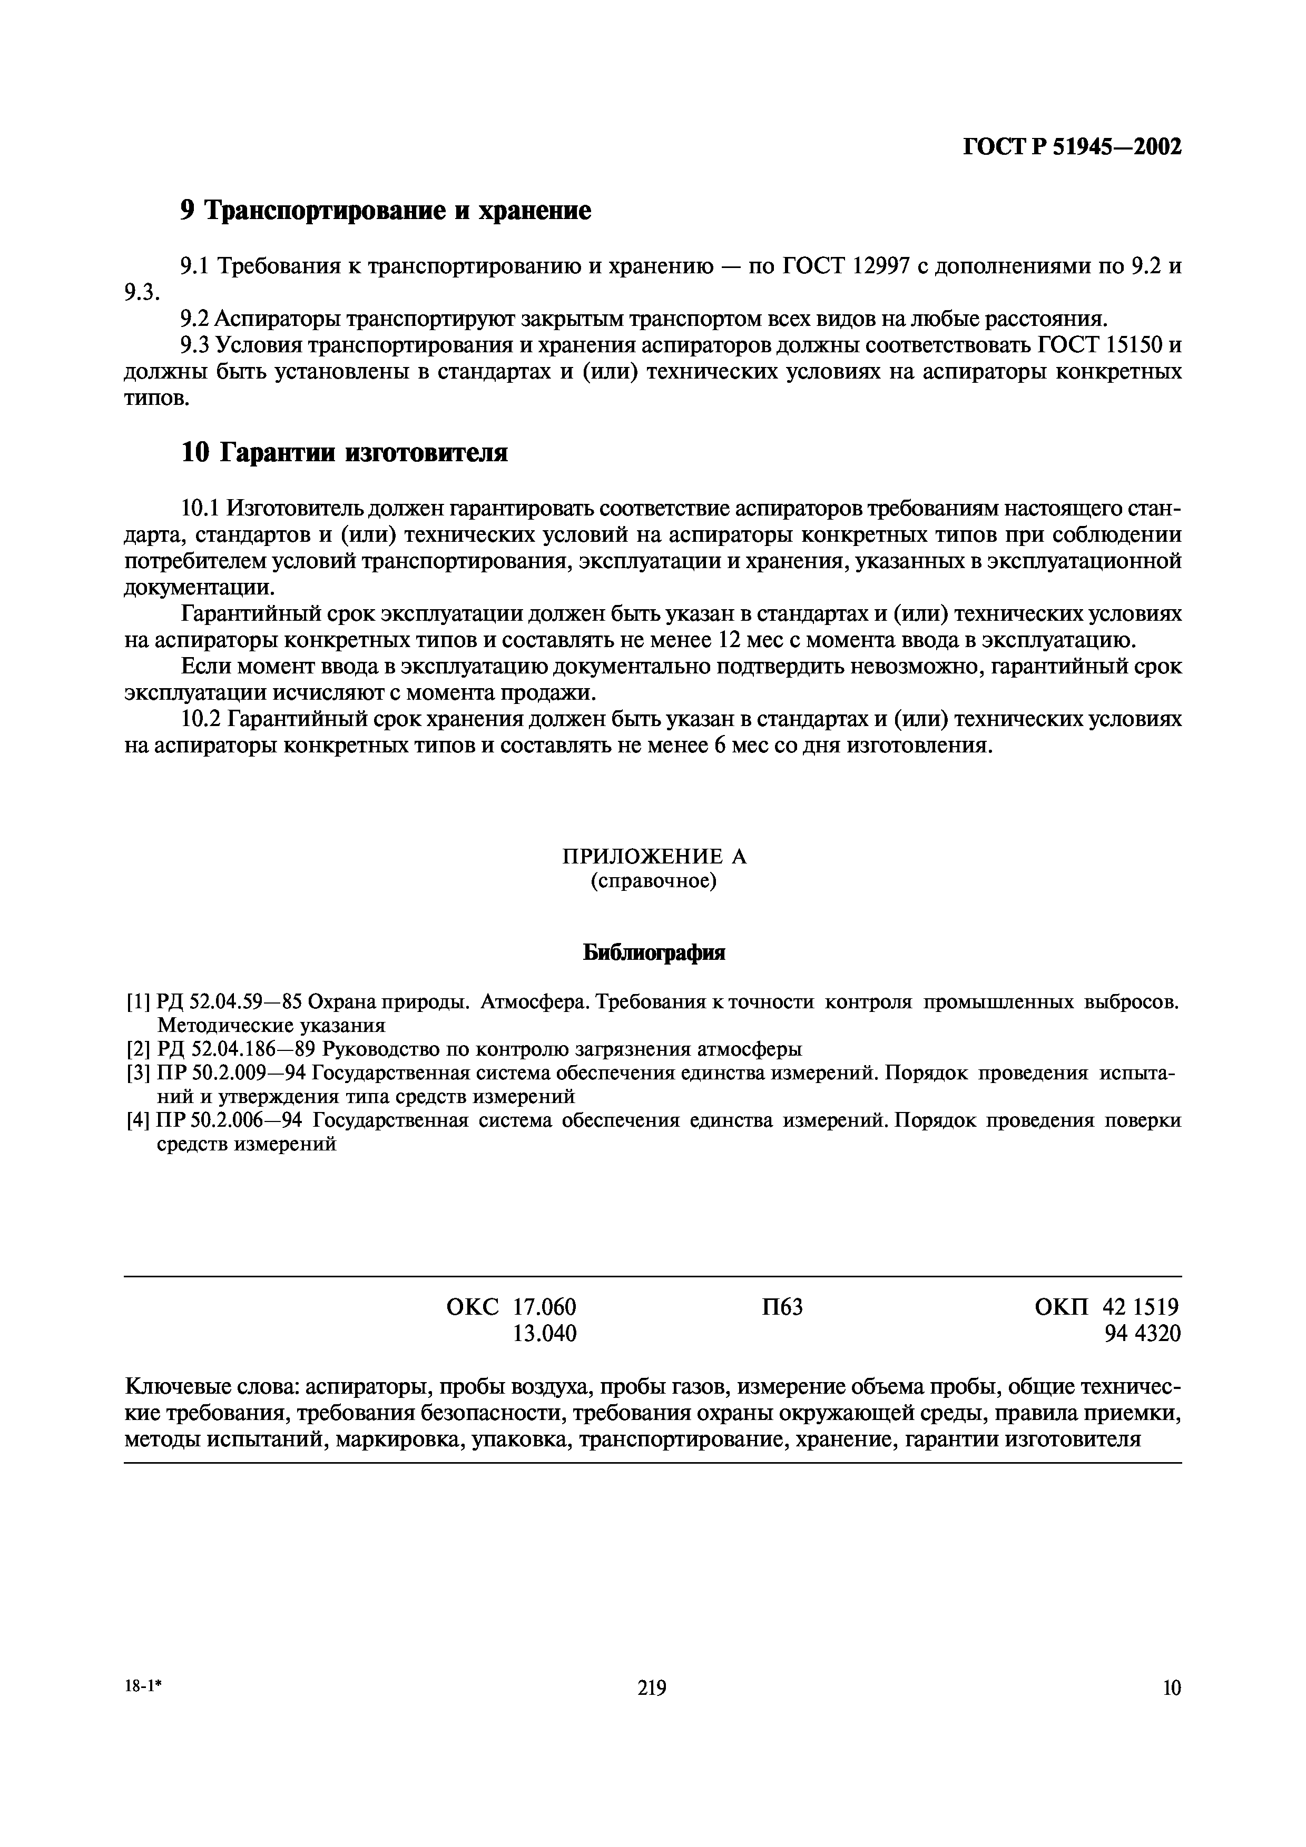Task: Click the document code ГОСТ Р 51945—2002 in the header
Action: click(x=1073, y=148)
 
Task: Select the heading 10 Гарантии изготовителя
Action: click(x=343, y=453)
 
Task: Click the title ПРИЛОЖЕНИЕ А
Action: click(x=653, y=857)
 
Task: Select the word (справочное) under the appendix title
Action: click(x=653, y=882)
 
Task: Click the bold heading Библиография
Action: click(x=653, y=954)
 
